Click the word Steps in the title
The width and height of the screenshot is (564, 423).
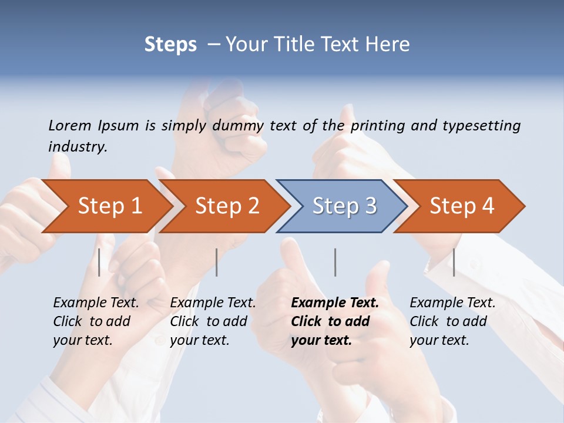[x=170, y=45]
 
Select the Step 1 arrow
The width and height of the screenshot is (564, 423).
[x=109, y=206]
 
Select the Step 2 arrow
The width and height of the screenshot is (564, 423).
[x=227, y=206]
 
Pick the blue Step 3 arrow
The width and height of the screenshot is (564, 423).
[x=344, y=206]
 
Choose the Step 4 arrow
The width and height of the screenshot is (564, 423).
[x=461, y=206]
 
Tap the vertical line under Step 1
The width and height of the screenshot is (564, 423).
[x=99, y=262]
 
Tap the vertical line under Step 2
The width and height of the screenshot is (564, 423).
[x=217, y=262]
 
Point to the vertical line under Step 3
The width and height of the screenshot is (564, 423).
[x=335, y=262]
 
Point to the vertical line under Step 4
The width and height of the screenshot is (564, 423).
[x=454, y=262]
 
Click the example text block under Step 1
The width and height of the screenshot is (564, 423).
[x=96, y=321]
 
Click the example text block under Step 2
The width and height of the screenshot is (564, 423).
[x=213, y=321]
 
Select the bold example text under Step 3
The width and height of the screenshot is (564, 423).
[x=335, y=321]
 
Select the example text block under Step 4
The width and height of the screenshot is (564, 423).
[x=452, y=321]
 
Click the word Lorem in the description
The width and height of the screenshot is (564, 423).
[x=69, y=126]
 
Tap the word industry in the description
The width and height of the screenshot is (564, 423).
[x=78, y=147]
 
